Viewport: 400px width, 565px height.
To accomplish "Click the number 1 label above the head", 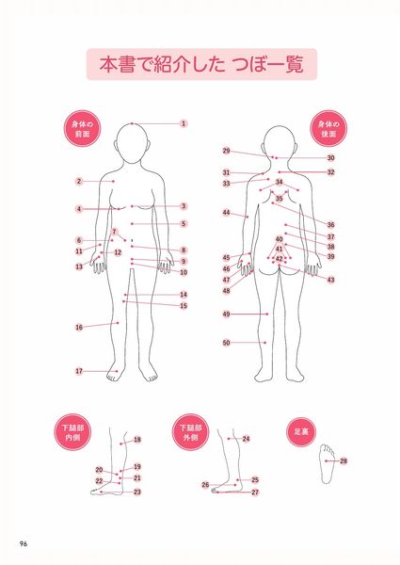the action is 184,123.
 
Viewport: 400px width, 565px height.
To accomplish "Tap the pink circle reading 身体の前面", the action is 82,129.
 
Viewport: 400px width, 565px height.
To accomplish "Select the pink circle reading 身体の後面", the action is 328,129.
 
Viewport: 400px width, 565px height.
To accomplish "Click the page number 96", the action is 24,543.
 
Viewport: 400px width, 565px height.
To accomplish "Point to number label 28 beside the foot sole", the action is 344,460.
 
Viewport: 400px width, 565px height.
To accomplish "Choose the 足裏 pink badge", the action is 301,431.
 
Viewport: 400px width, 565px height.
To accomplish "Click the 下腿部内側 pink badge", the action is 72,432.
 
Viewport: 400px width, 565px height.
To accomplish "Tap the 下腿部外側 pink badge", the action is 191,432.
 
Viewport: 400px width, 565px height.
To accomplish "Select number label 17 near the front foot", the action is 79,371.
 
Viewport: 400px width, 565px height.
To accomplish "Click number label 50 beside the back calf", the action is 226,343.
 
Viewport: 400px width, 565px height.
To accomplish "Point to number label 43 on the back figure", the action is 331,280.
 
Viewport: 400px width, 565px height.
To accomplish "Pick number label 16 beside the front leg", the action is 79,327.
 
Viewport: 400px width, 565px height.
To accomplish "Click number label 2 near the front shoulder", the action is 79,181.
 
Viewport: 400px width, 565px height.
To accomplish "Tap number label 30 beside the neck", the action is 331,158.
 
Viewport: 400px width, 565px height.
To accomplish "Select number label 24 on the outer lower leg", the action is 246,439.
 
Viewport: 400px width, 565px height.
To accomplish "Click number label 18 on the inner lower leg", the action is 137,440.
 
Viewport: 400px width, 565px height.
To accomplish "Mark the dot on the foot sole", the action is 327,460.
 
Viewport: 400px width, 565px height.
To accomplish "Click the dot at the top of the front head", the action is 132,123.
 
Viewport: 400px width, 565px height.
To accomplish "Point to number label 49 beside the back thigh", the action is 226,315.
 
